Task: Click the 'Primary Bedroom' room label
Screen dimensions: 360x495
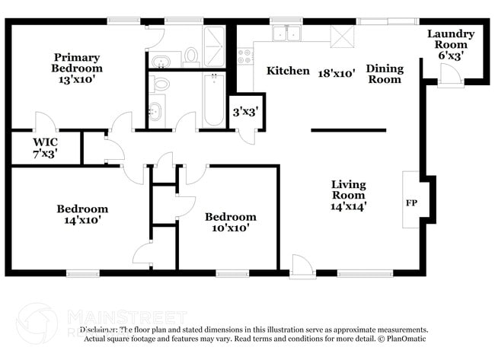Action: click(77, 62)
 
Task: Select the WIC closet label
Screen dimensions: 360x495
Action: click(45, 142)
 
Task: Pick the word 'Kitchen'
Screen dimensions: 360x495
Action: click(287, 71)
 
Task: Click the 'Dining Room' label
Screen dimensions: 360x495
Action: click(385, 74)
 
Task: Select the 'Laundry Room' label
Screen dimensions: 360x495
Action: click(450, 39)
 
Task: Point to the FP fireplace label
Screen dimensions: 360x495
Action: click(410, 203)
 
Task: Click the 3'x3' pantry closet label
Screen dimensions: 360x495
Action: click(244, 112)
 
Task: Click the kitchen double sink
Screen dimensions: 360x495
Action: click(288, 33)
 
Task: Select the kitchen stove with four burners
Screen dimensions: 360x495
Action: click(245, 56)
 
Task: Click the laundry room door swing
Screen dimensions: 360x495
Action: click(449, 74)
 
